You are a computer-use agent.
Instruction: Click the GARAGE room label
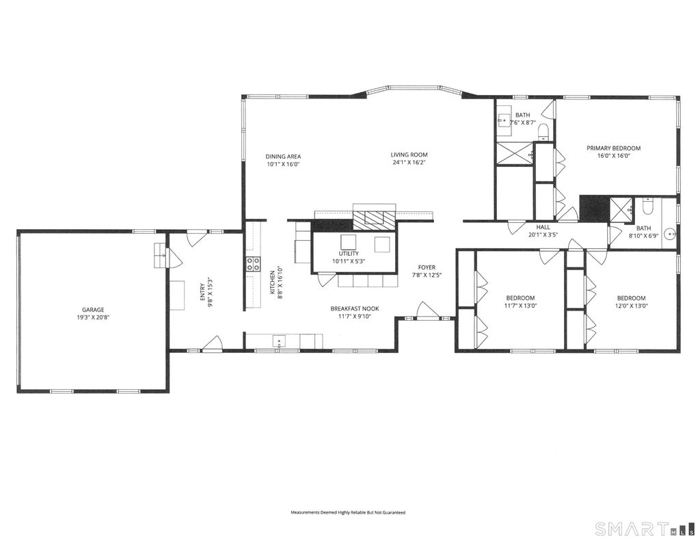pos(93,310)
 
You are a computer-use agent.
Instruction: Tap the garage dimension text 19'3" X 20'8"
pos(93,317)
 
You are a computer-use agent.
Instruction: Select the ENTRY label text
pos(202,291)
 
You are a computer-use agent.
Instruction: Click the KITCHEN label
pos(272,282)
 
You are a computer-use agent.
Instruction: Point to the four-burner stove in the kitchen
pos(253,264)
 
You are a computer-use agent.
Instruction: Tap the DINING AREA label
pos(283,157)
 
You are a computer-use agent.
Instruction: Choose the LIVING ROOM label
pos(409,155)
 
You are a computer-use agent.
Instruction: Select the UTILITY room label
pos(349,254)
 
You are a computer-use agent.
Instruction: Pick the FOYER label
pos(427,267)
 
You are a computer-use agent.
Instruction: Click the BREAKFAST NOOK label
pos(355,308)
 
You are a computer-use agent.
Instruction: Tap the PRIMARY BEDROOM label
pos(613,148)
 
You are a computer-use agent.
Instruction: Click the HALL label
pos(543,227)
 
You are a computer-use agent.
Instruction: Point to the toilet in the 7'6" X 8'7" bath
pos(543,131)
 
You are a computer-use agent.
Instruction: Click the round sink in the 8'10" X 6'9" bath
pos(670,234)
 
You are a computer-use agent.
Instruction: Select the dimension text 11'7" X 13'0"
pos(520,306)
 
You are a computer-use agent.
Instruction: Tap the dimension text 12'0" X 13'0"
pos(631,306)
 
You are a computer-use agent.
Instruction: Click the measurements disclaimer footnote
pos(348,513)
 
